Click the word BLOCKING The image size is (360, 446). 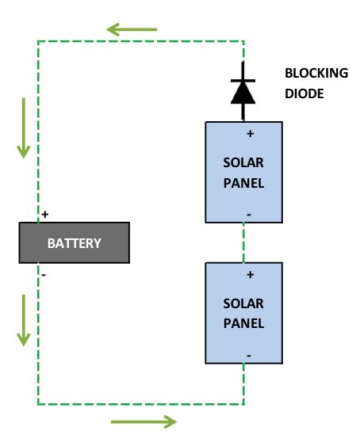316,74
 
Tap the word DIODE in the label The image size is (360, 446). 304,93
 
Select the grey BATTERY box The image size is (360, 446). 74,243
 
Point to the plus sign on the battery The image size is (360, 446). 45,215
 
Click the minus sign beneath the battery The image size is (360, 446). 44,274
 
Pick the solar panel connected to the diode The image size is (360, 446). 243,172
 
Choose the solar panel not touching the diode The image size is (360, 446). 243,313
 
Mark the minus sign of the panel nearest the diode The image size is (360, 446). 249,213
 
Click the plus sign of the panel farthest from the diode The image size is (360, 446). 250,275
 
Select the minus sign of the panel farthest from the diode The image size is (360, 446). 249,355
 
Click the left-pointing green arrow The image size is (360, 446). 132,30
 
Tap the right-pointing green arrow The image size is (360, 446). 144,421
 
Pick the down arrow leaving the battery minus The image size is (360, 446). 24,320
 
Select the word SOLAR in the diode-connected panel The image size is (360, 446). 243,162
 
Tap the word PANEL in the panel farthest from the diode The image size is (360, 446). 243,324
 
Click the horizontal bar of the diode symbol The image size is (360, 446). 243,81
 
